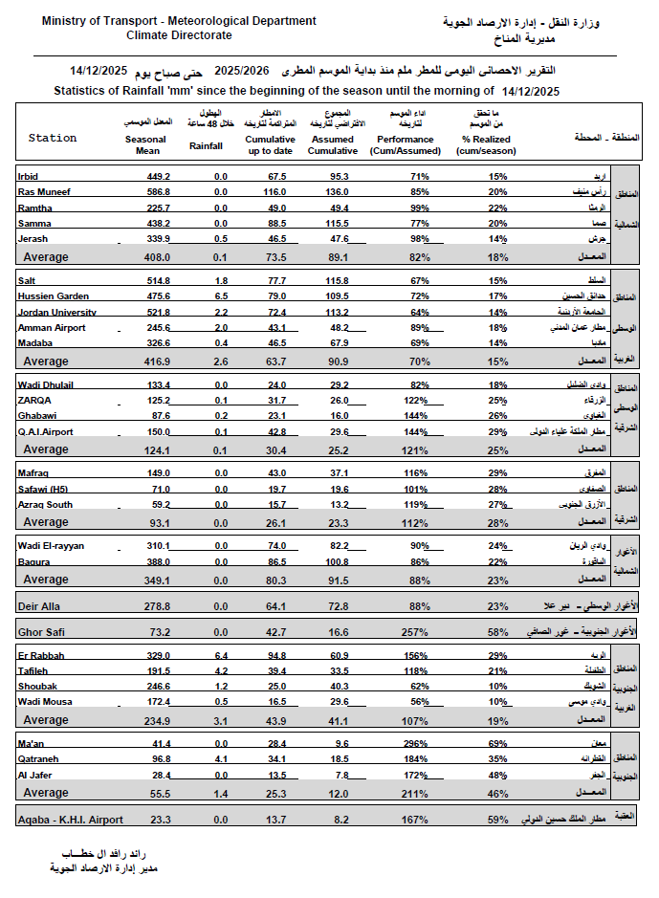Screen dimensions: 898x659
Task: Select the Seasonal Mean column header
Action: (x=145, y=145)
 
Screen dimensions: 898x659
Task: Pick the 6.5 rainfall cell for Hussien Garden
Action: (x=220, y=296)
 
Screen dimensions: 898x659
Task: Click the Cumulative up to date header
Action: (x=276, y=145)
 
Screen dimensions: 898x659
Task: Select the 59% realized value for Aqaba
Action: (x=497, y=821)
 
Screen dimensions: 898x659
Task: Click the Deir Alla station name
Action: (x=39, y=606)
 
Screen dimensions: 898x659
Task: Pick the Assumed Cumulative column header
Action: (x=333, y=145)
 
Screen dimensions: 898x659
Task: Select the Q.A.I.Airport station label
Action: (x=46, y=432)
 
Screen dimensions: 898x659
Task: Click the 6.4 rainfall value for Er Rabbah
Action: (x=220, y=657)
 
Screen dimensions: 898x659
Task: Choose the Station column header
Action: (x=53, y=139)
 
